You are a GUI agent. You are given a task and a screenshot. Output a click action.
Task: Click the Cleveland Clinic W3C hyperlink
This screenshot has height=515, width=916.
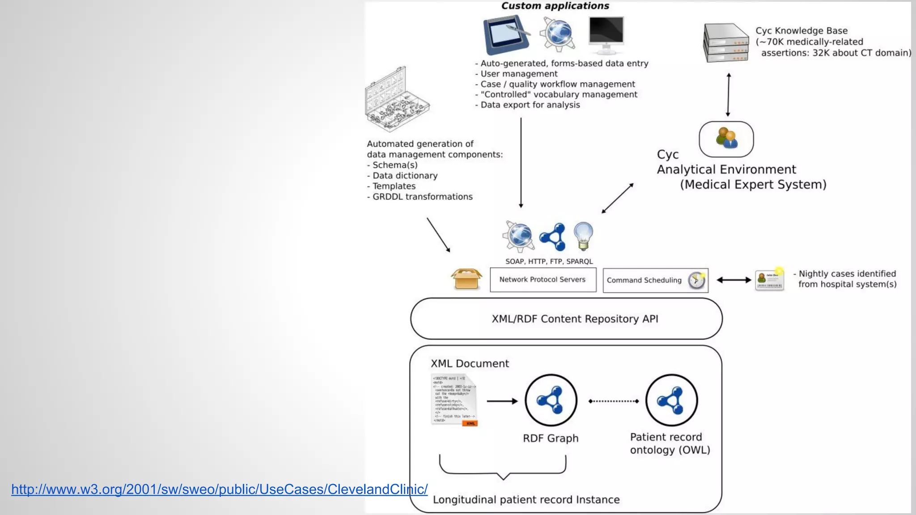click(x=219, y=489)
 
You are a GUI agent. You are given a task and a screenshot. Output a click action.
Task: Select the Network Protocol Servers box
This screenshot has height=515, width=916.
click(x=543, y=280)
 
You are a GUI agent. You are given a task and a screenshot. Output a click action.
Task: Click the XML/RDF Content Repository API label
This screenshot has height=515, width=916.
click(x=575, y=319)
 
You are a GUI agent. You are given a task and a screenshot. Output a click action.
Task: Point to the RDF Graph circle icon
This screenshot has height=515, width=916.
click(x=551, y=401)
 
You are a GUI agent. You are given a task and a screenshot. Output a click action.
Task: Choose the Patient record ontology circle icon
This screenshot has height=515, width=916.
click(x=671, y=401)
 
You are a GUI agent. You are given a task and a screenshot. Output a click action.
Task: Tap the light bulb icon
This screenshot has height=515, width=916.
click(x=583, y=236)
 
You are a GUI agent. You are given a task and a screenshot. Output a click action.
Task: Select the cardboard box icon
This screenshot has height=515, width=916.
click(x=466, y=279)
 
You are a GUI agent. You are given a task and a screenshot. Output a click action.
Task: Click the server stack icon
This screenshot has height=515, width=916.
click(x=725, y=42)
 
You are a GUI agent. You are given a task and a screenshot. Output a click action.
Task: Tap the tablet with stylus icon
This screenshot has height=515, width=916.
click(x=506, y=34)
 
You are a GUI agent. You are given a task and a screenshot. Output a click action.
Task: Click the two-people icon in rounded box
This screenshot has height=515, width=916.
click(x=726, y=139)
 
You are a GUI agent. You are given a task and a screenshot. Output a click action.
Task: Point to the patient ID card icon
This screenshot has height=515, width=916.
click(x=769, y=280)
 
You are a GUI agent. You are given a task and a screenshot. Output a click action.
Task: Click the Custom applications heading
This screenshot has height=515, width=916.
click(x=555, y=6)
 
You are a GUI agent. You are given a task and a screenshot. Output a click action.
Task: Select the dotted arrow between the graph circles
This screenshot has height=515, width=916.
click(x=613, y=401)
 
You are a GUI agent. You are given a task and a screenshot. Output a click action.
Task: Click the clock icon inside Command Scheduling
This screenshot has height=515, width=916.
click(x=696, y=280)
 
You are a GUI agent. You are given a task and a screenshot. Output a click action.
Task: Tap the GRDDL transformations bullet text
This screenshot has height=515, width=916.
click(x=422, y=197)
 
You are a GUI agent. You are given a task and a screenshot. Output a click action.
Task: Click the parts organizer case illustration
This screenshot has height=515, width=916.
click(x=396, y=100)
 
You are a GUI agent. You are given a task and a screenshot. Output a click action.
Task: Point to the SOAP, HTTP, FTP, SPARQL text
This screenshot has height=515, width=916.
click(x=549, y=262)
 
